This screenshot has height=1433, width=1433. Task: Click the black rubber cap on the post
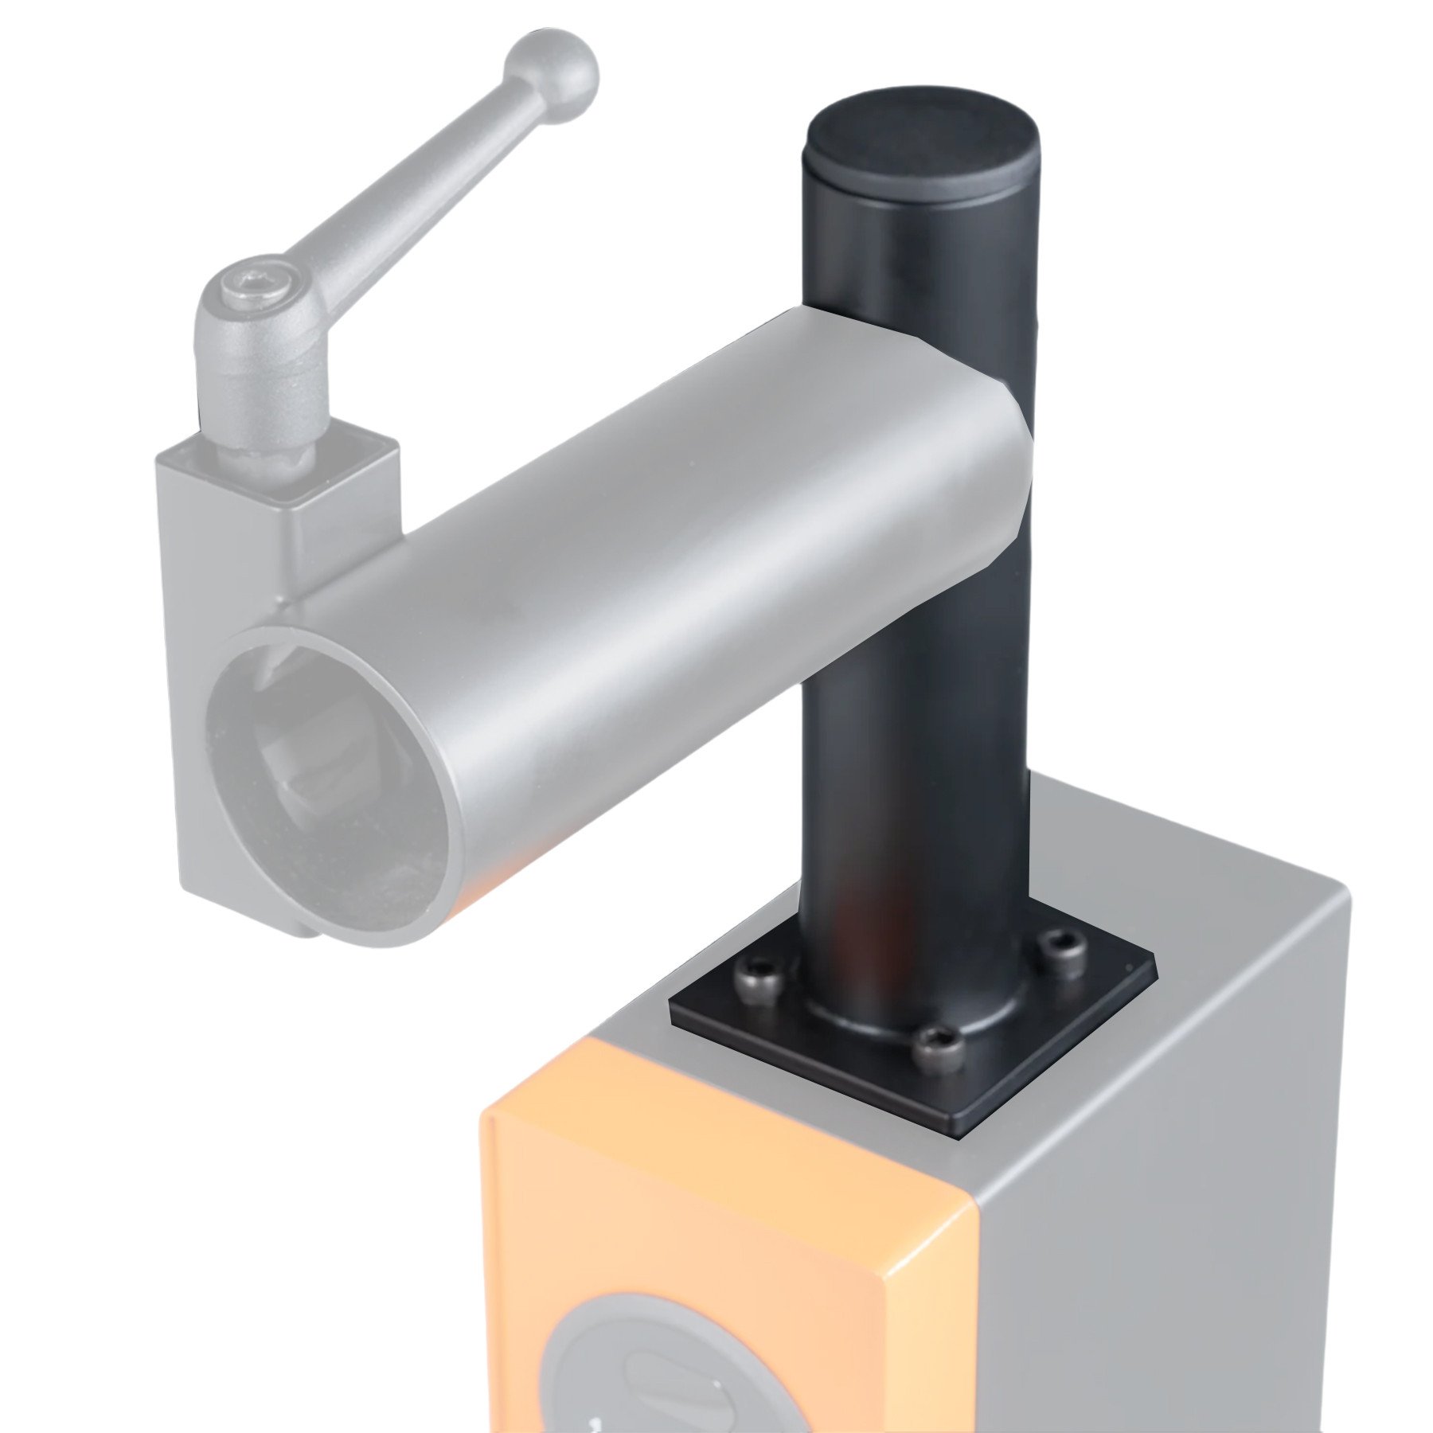[x=922, y=152]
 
